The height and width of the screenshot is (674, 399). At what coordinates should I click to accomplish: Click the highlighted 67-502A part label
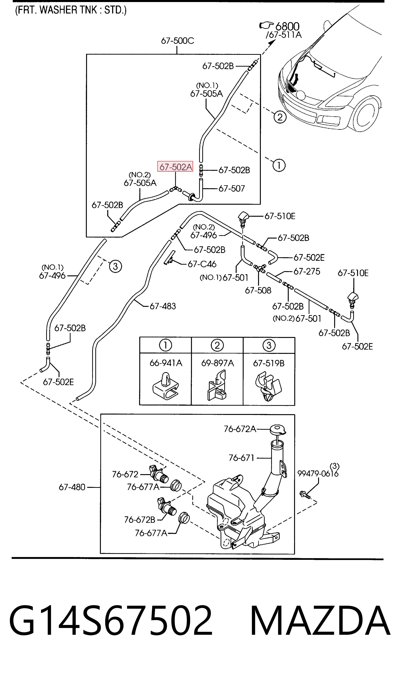(x=175, y=167)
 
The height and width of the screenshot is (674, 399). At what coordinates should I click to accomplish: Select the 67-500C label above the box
(x=178, y=41)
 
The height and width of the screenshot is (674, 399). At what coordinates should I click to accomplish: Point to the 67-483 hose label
(x=163, y=306)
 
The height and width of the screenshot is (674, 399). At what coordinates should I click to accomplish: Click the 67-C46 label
(x=202, y=264)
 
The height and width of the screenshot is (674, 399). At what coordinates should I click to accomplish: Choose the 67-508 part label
(x=258, y=290)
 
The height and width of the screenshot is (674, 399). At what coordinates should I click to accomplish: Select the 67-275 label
(x=307, y=271)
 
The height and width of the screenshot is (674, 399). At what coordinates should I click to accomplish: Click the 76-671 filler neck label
(x=241, y=458)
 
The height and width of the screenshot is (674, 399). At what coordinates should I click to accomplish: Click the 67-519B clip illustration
(x=268, y=386)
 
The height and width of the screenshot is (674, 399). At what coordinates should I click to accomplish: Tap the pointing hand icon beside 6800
(x=266, y=26)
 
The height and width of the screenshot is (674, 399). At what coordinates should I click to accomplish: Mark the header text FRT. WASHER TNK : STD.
(x=71, y=10)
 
